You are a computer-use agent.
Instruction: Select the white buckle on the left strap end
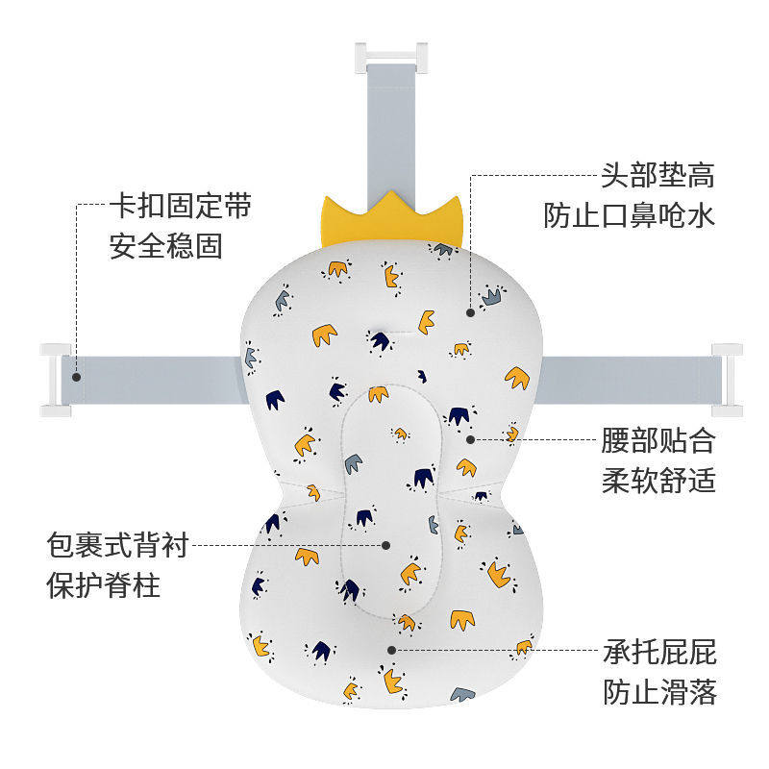(54, 379)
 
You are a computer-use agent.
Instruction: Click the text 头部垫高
(657, 177)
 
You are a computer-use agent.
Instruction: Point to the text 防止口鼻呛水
(629, 216)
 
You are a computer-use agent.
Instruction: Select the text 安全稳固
(165, 246)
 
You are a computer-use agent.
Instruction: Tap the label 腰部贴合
(658, 440)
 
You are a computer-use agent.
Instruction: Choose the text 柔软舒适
(658, 480)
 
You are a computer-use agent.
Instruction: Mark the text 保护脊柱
(103, 585)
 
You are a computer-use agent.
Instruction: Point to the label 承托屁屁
(659, 653)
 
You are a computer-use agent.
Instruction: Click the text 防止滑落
(659, 692)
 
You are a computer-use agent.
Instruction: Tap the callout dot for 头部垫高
(471, 311)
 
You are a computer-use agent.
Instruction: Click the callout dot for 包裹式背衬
(386, 545)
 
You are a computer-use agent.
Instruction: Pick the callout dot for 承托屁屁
(392, 651)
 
